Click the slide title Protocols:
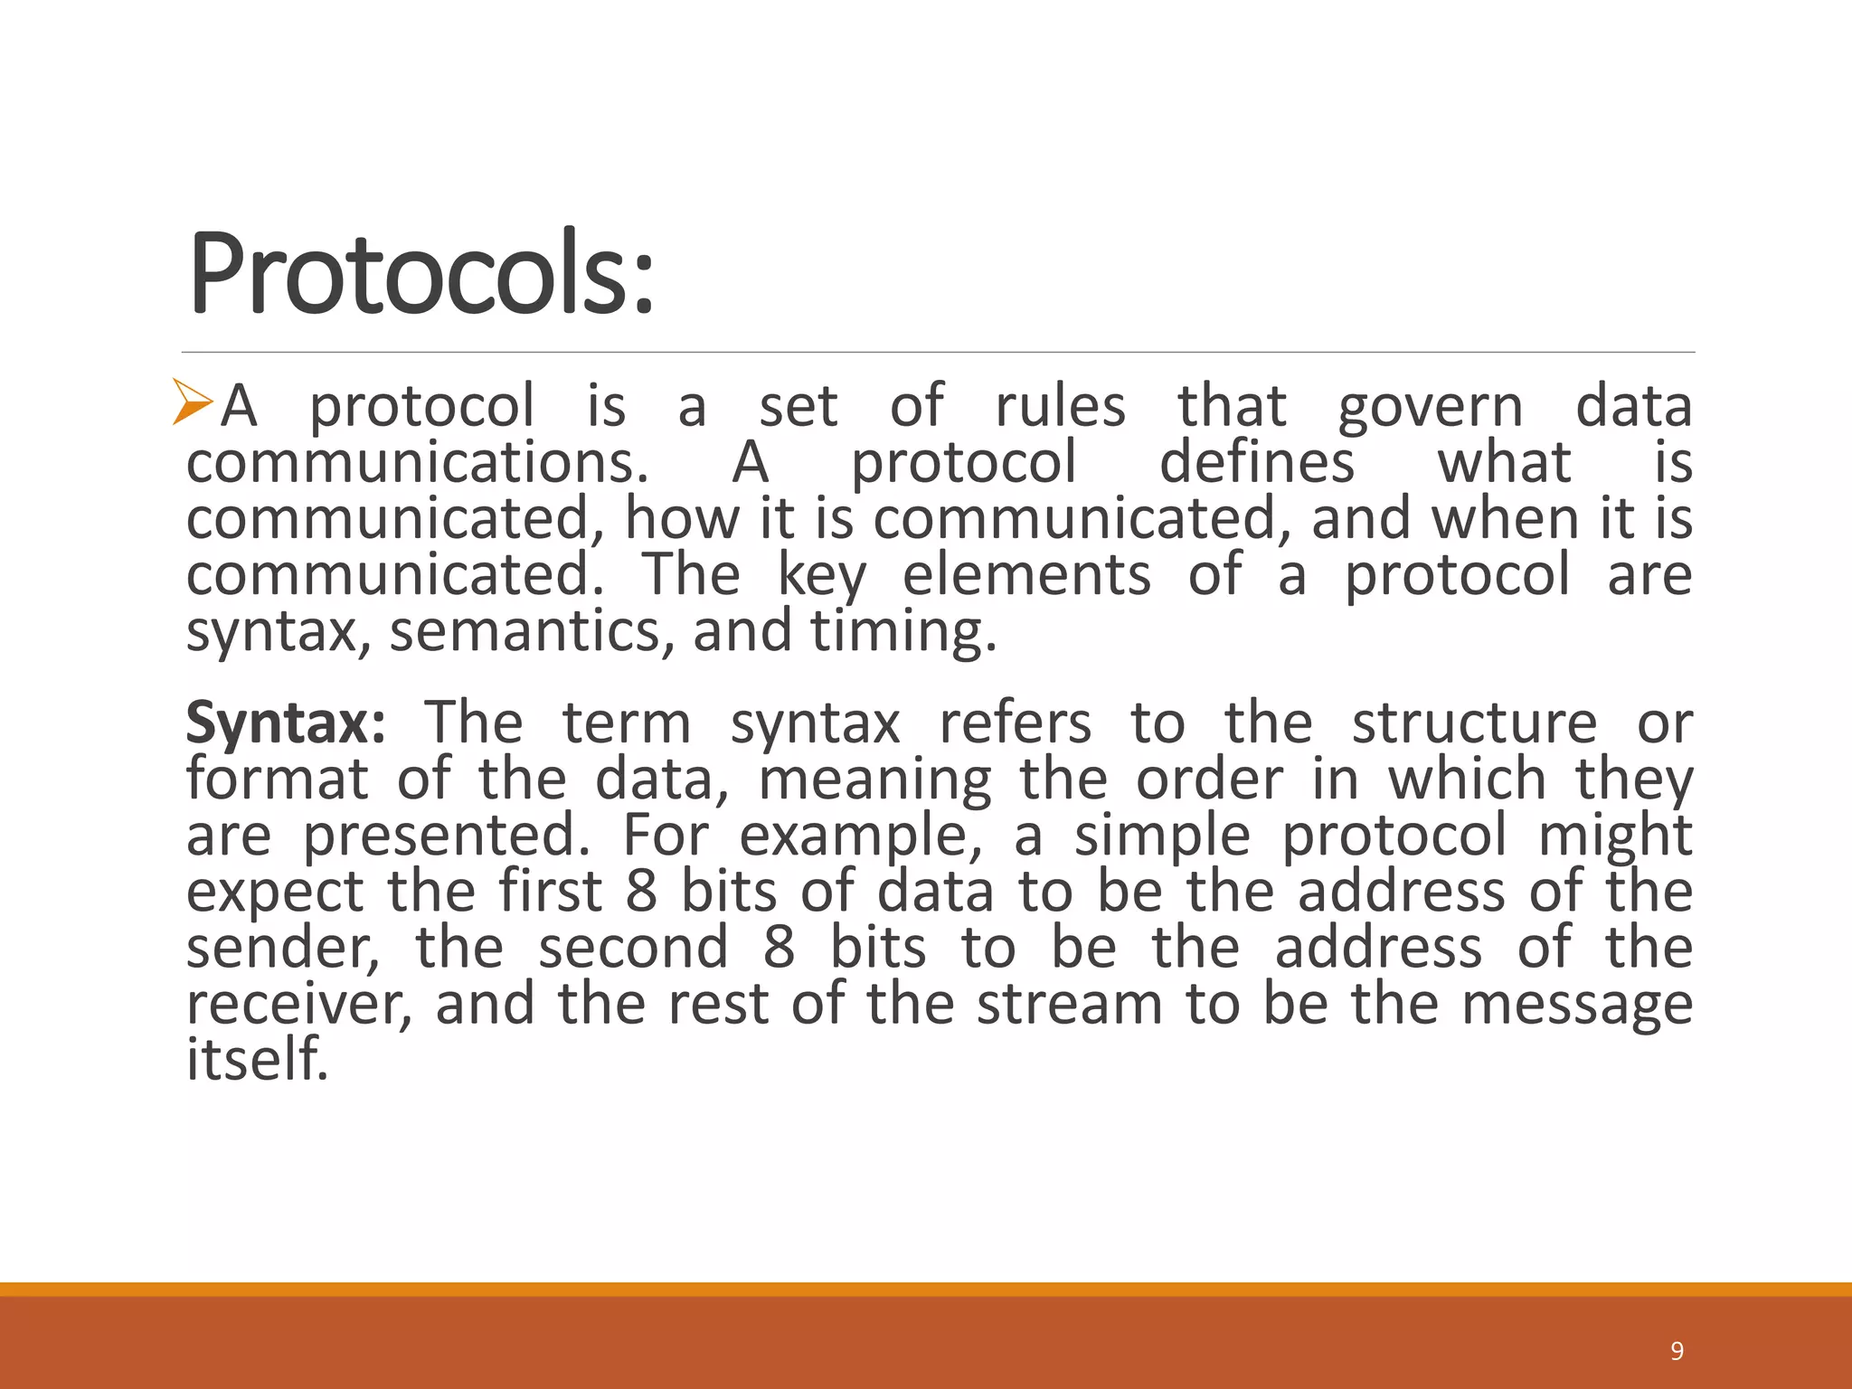coord(420,274)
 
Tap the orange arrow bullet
coord(193,402)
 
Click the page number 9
coord(1677,1351)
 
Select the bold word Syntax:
coord(286,723)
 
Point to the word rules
coord(1060,406)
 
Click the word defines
coord(1257,462)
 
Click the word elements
coord(1026,575)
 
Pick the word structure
coord(1474,723)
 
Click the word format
coord(277,780)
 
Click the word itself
coord(257,1059)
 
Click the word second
coord(633,949)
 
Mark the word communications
coord(417,462)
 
